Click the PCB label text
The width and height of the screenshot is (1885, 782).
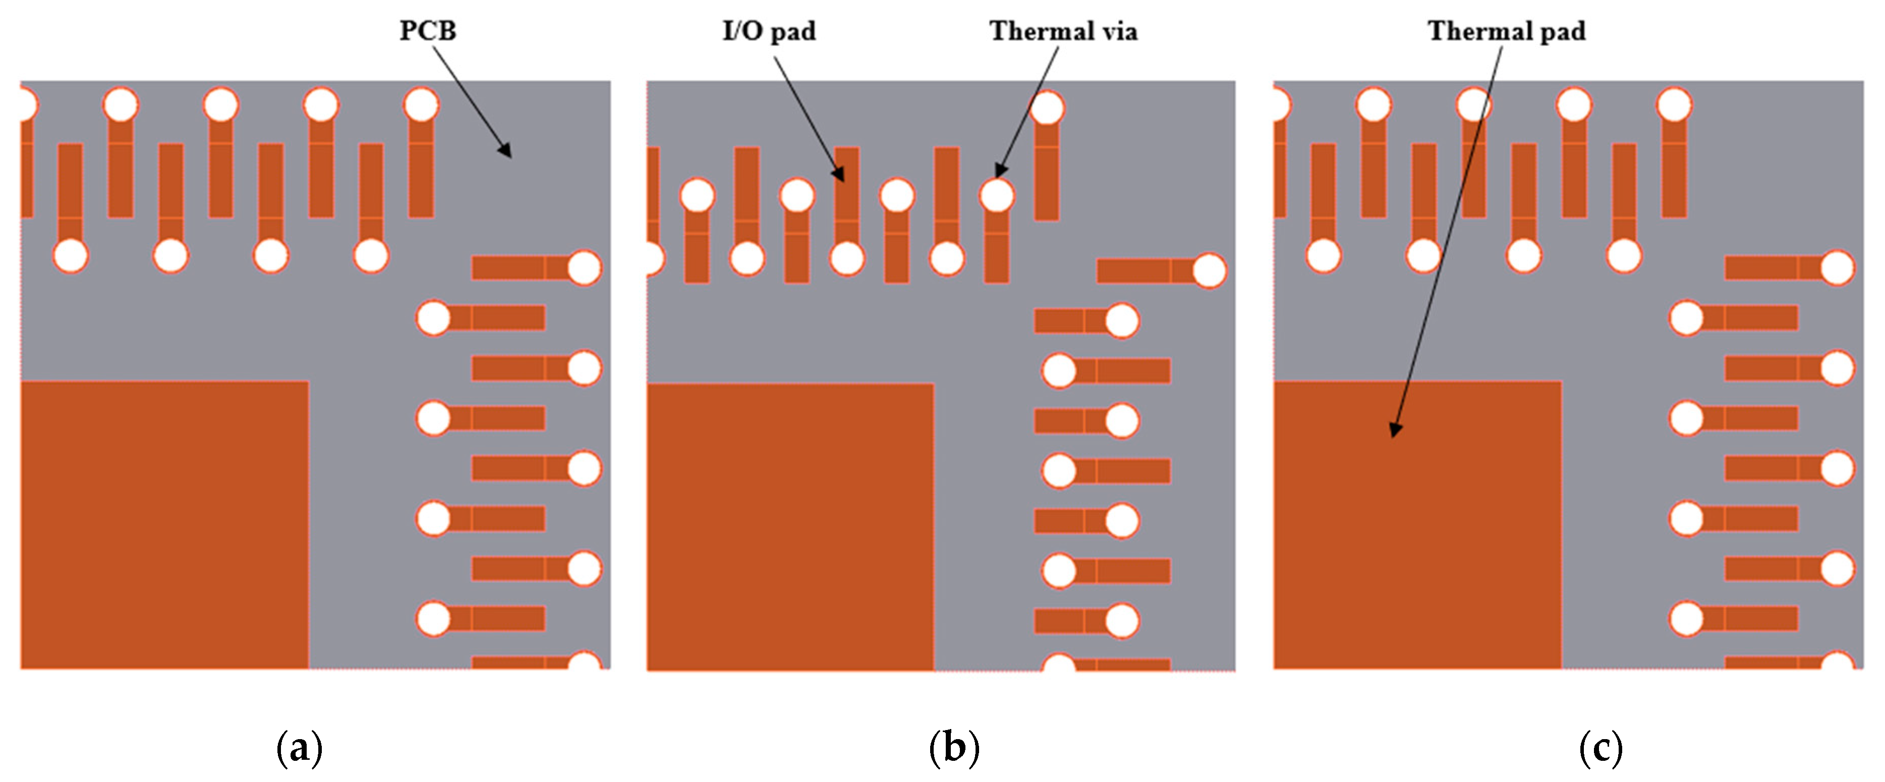[x=427, y=31]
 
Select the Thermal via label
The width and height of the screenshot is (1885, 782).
[x=1063, y=31]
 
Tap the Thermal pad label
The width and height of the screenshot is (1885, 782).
[x=1506, y=31]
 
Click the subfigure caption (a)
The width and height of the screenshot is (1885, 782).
[x=299, y=748]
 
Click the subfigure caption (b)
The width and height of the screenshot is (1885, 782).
[x=953, y=748]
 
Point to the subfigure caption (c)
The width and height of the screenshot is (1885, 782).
[x=1601, y=748]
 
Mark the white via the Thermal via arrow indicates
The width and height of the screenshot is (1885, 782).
[x=997, y=196]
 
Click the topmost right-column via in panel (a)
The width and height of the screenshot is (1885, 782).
[x=584, y=267]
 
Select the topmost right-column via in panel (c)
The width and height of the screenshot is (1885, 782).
[x=1837, y=267]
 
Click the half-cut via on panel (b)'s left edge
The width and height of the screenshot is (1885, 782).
[x=653, y=258]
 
